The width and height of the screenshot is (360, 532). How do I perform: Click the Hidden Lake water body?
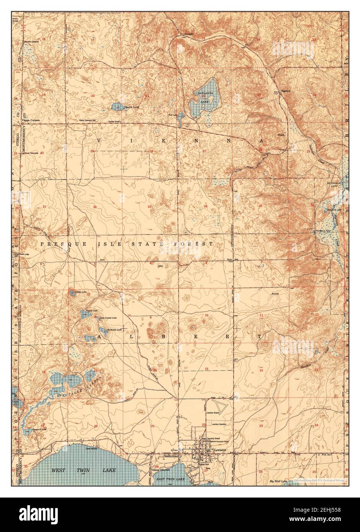point(72,293)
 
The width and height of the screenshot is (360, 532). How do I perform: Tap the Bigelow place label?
point(287,92)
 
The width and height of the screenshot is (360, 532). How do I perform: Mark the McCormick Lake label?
point(333,185)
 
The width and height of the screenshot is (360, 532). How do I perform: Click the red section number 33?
point(150,207)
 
